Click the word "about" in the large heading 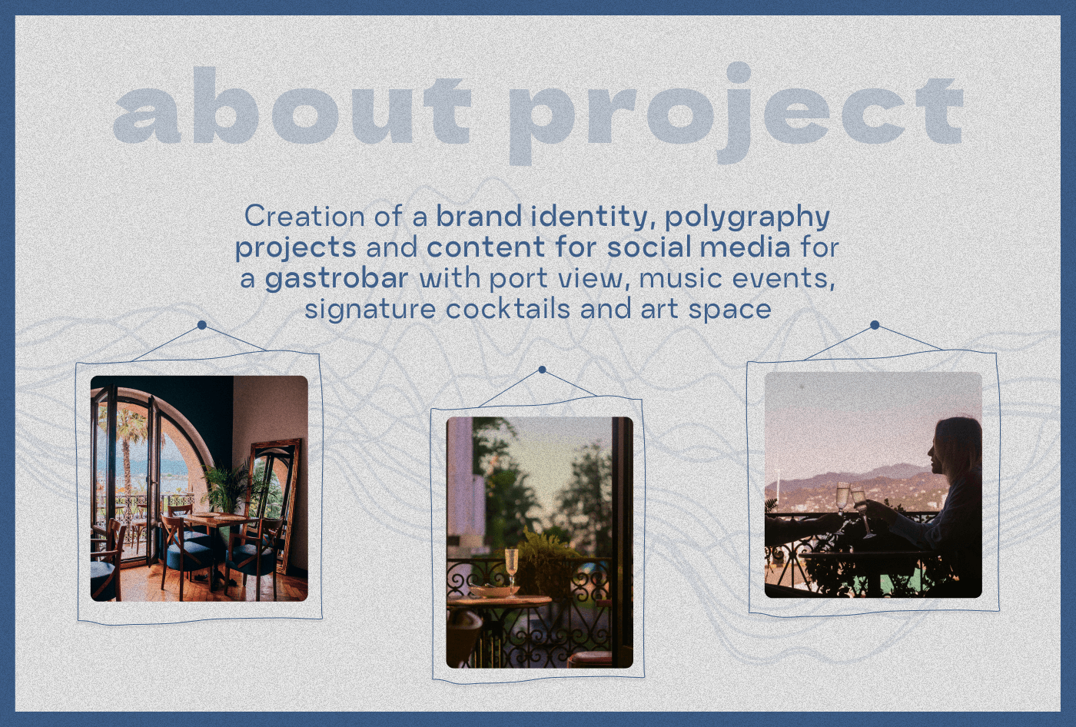point(292,106)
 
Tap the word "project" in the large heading point(736,114)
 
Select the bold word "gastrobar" point(337,278)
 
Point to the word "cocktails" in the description point(508,308)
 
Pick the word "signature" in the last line point(370,310)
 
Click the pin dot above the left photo point(201,325)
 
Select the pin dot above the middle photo point(543,370)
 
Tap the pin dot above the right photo point(875,325)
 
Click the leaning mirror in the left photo point(274,504)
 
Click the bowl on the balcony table point(488,591)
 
